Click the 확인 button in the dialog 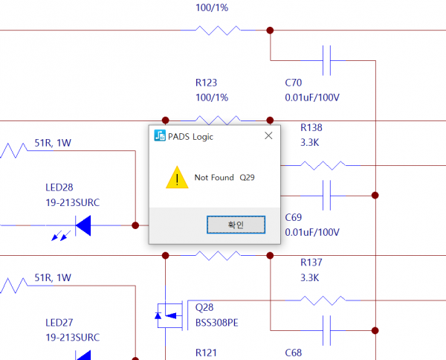(x=235, y=224)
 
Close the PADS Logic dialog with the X (x=268, y=135)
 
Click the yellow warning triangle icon (x=177, y=178)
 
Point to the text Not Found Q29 (x=224, y=178)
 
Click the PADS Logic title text (x=194, y=135)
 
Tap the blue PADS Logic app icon (x=160, y=135)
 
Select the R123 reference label (x=206, y=83)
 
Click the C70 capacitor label (x=294, y=83)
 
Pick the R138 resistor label (x=311, y=128)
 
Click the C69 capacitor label (x=294, y=218)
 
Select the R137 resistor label (x=311, y=263)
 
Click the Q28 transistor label (x=204, y=306)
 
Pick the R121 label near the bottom (x=206, y=353)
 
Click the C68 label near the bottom (x=294, y=353)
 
